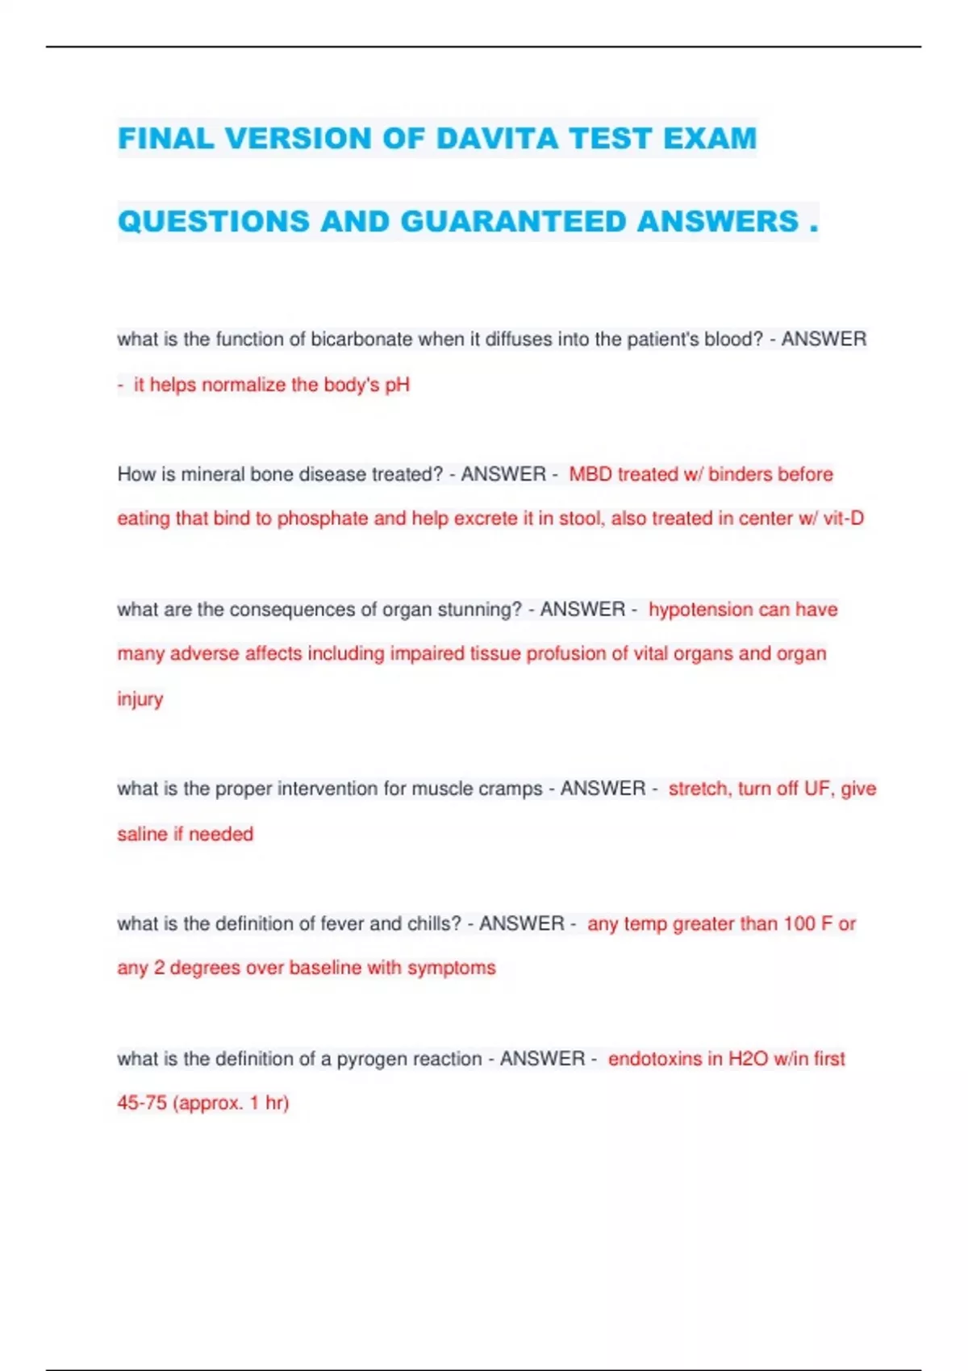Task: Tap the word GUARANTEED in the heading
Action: click(513, 222)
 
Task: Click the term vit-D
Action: click(843, 519)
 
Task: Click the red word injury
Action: click(140, 699)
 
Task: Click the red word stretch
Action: click(699, 789)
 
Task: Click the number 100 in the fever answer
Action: click(799, 923)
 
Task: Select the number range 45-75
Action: click(141, 1103)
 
